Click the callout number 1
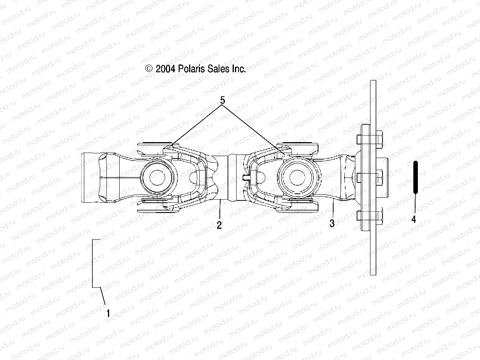[x=108, y=313]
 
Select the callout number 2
[x=219, y=225]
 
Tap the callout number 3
[x=332, y=224]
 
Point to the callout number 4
[x=414, y=219]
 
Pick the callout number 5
[x=223, y=100]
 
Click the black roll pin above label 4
[x=415, y=177]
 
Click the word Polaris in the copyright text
[x=192, y=69]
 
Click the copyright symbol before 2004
[x=149, y=69]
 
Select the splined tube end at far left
[x=90, y=178]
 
